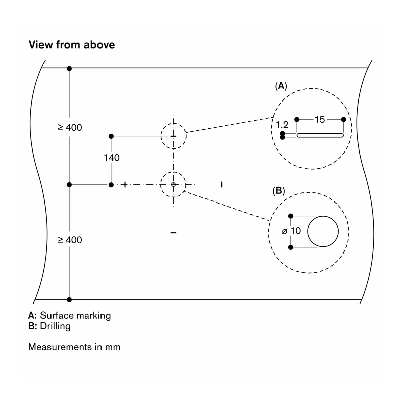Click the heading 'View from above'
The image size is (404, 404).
coord(72,45)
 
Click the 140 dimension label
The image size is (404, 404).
coord(111,158)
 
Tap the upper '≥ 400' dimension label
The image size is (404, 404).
coord(70,128)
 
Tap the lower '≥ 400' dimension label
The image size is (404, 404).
coord(70,240)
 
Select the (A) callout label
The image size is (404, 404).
coord(281,86)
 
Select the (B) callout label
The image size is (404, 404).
coord(279,191)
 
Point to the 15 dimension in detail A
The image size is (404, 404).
coord(320,120)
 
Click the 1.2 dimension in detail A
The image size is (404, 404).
coord(282,125)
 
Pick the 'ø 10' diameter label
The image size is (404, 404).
coord(291,231)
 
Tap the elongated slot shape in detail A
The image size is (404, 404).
coord(320,135)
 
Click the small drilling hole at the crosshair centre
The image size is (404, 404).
coord(173,184)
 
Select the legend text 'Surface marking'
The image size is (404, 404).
coord(75,315)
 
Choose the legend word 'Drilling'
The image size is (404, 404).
coord(55,326)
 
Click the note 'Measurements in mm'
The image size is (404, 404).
coord(74,347)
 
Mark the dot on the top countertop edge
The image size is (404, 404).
coord(69,68)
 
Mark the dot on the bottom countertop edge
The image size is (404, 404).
coord(69,299)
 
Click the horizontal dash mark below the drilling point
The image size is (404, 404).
coord(173,233)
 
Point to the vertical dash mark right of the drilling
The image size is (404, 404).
coord(222,184)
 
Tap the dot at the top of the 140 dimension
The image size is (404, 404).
coord(111,136)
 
